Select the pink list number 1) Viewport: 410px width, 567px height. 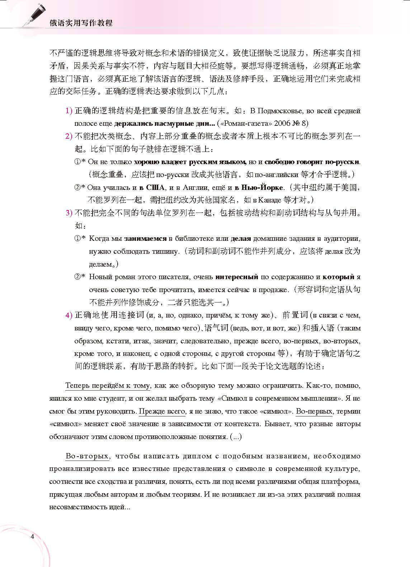click(69, 111)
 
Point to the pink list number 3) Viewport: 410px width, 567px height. click(69, 213)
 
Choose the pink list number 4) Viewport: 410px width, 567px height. click(69, 315)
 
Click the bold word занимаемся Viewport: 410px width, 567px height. click(146, 238)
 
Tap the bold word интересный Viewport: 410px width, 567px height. click(237, 277)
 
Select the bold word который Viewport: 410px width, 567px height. click(338, 277)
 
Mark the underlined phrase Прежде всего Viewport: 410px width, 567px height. click(162, 411)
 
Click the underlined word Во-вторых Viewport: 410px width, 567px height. click(87, 456)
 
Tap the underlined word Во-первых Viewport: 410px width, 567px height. click(314, 411)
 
